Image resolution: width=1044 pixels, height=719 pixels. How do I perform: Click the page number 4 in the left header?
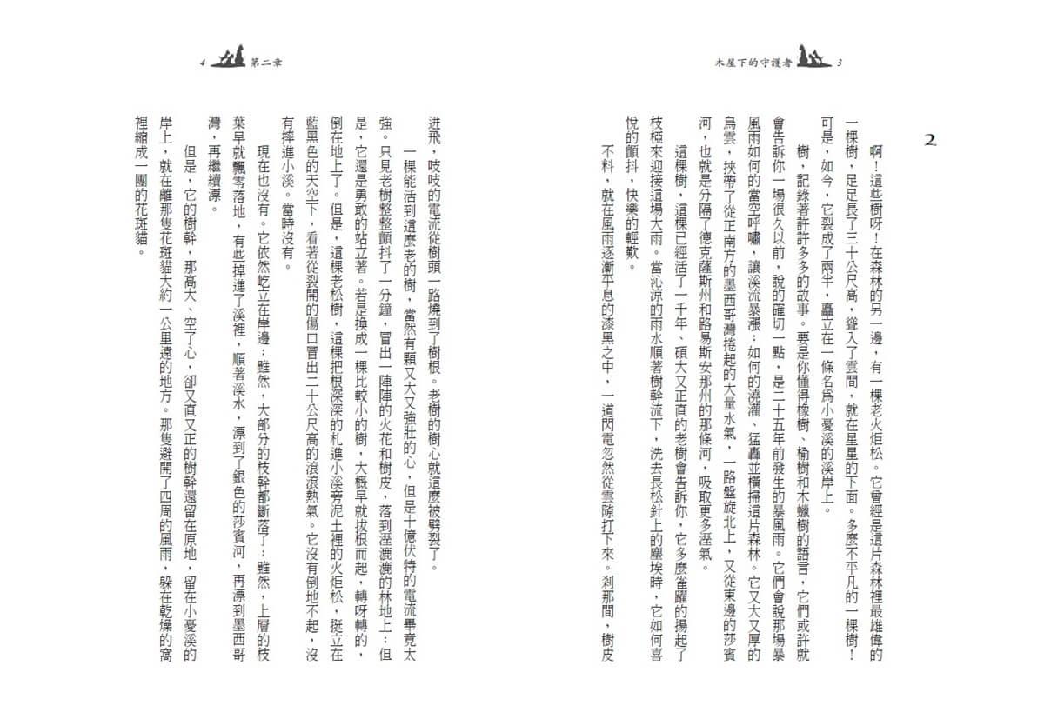tap(202, 63)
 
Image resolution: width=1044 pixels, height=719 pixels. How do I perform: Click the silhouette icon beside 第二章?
tap(228, 60)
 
